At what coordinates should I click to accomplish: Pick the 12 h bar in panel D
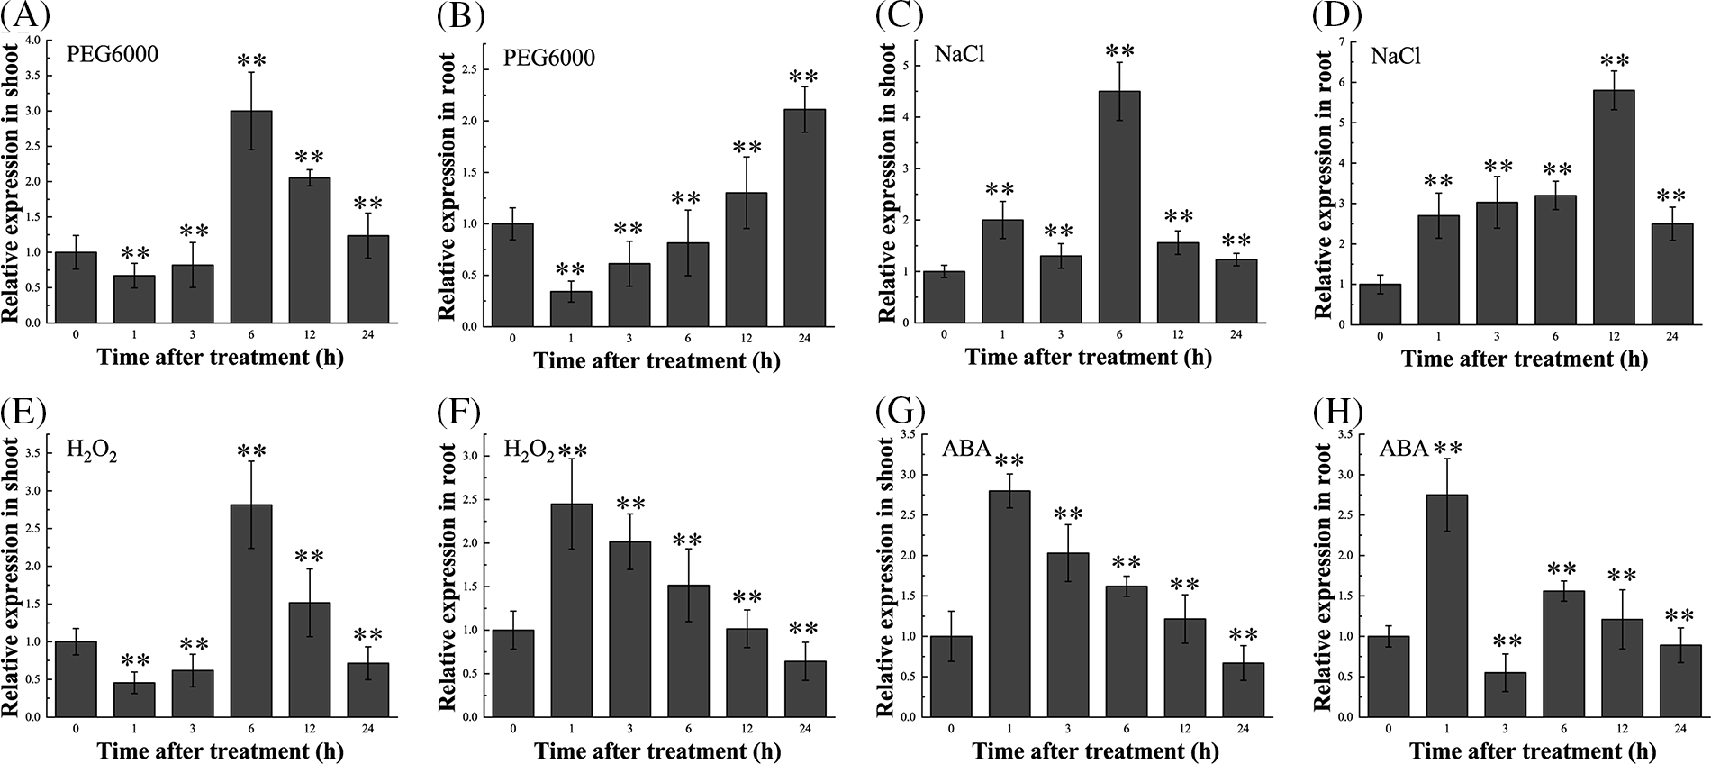1611,206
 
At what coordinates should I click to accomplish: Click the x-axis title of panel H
1532,750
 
